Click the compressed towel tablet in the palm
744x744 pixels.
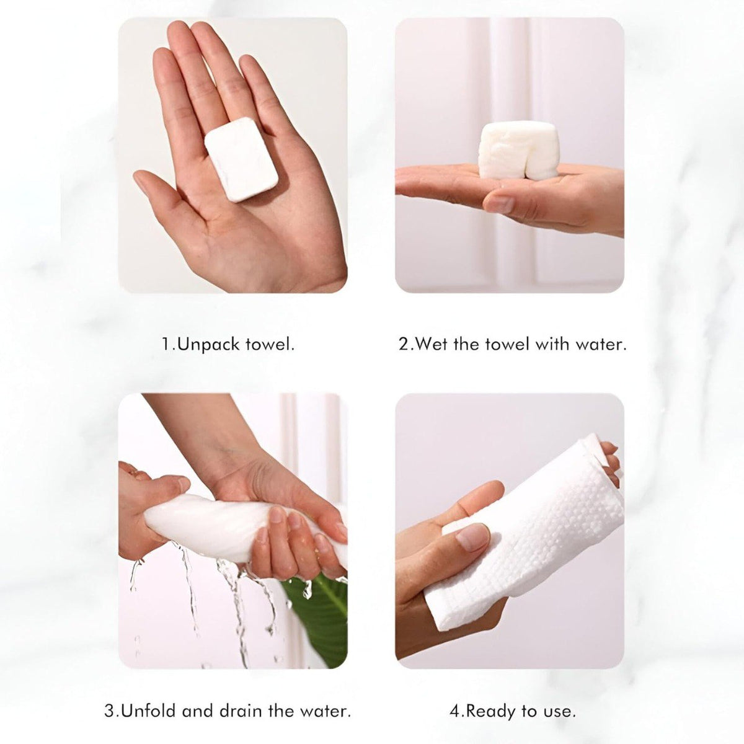point(241,159)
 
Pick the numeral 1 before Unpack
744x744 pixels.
point(166,344)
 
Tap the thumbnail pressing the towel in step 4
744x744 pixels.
point(472,537)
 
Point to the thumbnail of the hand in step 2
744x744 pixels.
point(500,204)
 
